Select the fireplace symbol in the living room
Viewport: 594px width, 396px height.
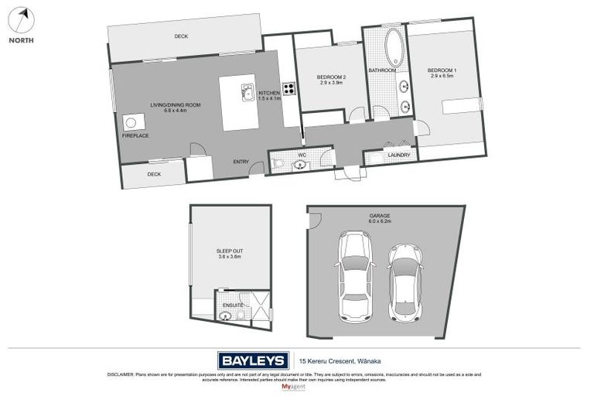131,122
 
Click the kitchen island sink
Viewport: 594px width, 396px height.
247,92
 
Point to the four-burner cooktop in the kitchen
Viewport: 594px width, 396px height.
288,88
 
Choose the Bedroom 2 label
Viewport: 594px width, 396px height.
330,77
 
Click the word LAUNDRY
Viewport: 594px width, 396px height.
399,155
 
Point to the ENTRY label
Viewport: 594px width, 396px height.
241,162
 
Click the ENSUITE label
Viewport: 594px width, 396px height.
233,306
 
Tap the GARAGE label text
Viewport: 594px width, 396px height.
380,216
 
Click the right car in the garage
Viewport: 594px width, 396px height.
405,282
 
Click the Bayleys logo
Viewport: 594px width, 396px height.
253,360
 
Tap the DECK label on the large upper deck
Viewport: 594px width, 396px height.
181,36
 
